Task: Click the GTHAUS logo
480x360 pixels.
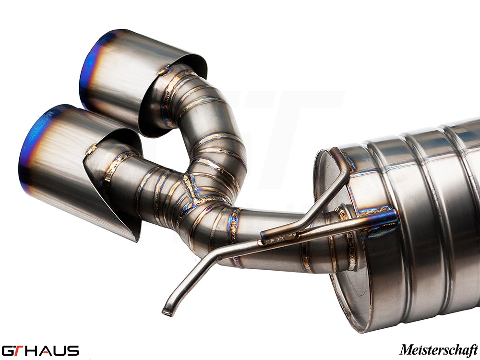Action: pyautogui.click(x=40, y=350)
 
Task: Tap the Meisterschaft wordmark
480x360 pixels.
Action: pyautogui.click(x=438, y=349)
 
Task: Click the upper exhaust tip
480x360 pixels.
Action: pyautogui.click(x=139, y=77)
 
